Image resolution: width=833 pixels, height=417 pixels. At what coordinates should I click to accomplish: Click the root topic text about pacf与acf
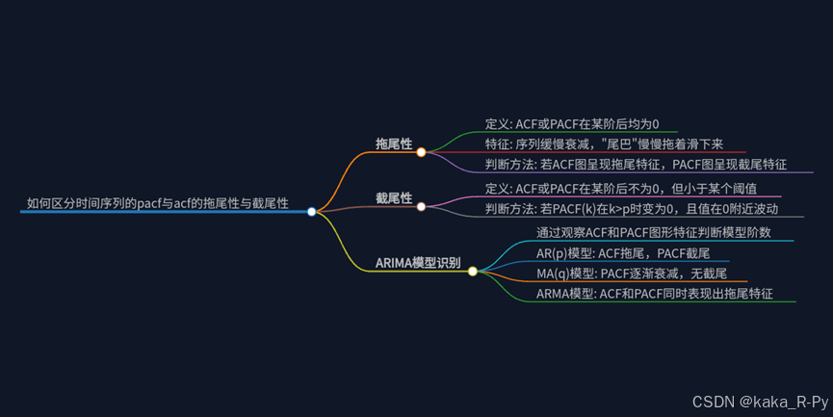click(157, 203)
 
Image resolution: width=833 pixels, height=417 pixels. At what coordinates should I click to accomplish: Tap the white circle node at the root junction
click(311, 212)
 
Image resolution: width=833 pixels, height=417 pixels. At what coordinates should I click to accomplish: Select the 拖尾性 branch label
click(394, 144)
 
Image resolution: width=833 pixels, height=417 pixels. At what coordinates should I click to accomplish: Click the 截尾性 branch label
click(394, 198)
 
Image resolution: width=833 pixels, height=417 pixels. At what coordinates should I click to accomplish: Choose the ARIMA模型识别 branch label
click(417, 263)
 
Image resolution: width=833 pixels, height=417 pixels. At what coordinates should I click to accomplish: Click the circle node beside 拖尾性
click(421, 152)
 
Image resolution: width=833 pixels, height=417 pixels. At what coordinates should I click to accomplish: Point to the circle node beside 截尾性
click(421, 206)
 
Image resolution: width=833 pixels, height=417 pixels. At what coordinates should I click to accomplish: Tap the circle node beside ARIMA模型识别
click(472, 272)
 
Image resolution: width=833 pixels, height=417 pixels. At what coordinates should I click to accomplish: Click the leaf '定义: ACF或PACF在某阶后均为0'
click(572, 124)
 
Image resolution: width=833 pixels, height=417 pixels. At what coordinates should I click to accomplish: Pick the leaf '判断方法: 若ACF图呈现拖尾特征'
click(636, 165)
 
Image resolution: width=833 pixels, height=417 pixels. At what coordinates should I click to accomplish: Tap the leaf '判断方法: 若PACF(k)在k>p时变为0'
click(631, 208)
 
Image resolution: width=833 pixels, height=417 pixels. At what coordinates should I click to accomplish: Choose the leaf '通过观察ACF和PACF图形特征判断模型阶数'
click(653, 232)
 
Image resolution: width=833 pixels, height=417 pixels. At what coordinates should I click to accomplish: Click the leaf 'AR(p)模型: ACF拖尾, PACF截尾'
click(622, 252)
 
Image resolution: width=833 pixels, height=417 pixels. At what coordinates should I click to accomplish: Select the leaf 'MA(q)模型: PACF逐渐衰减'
click(631, 274)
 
